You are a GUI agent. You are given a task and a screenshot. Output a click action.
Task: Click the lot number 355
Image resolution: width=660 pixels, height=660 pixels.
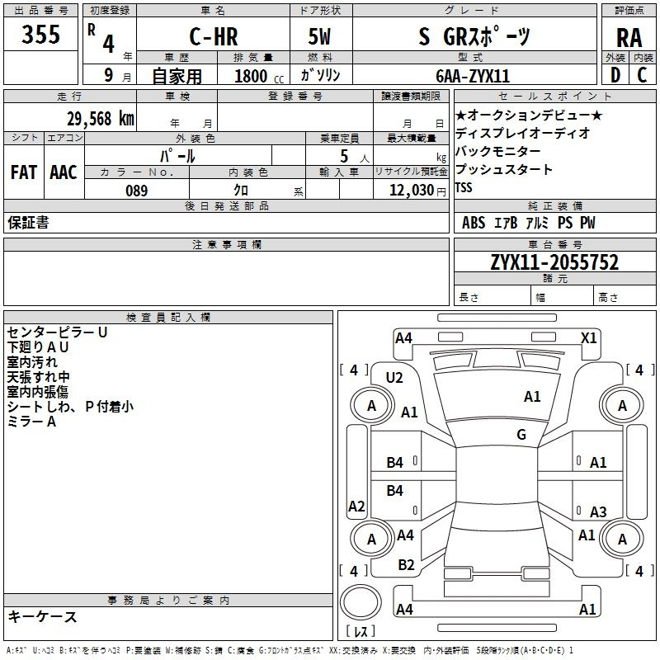(x=40, y=34)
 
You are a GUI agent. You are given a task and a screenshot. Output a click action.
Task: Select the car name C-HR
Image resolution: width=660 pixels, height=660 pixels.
(x=214, y=36)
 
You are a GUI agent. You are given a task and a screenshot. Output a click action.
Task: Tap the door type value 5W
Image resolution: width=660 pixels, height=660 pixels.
(x=319, y=36)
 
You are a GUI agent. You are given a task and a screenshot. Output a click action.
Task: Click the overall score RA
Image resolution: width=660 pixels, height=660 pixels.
(x=629, y=38)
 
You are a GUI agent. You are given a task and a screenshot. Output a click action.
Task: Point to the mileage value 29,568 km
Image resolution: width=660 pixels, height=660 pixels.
(x=100, y=119)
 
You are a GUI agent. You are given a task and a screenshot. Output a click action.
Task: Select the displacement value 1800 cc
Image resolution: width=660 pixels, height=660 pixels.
(x=259, y=76)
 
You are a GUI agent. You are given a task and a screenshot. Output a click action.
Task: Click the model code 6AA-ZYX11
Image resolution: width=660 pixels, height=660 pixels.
(x=473, y=76)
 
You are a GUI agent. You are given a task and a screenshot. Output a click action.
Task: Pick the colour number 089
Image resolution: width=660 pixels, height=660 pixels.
(x=137, y=191)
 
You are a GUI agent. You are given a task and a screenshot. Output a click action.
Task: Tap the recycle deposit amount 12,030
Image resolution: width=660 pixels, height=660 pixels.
(x=411, y=191)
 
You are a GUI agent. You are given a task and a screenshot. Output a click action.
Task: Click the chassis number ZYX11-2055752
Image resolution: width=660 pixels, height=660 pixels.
(x=554, y=262)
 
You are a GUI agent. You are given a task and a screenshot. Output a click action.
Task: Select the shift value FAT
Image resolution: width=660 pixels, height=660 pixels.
(x=24, y=172)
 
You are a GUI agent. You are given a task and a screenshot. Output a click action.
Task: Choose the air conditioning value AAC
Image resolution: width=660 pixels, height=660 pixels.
(x=64, y=172)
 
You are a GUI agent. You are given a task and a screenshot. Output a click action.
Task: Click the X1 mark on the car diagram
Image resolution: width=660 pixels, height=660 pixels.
(x=588, y=338)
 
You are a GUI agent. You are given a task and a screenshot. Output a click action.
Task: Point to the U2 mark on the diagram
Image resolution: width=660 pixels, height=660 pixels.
(x=394, y=378)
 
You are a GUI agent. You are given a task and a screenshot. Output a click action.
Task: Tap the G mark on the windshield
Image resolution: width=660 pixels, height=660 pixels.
(x=521, y=434)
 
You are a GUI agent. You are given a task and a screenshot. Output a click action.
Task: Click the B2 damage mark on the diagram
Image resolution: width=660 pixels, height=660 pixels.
(x=406, y=565)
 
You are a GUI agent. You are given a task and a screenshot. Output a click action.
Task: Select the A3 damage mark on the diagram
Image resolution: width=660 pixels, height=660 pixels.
(x=598, y=511)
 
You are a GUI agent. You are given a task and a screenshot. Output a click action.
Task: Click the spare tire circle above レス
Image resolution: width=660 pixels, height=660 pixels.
(x=361, y=602)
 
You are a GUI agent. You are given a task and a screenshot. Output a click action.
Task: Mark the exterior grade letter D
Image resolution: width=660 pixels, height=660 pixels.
(x=615, y=75)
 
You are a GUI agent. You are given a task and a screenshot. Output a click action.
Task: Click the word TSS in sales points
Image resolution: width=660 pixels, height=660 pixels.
(x=464, y=187)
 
